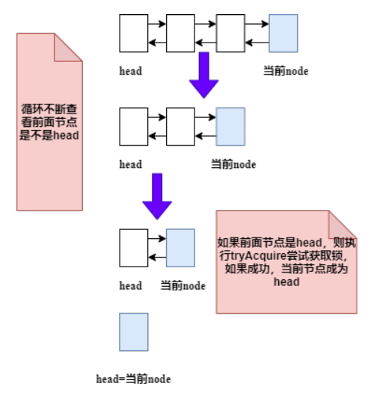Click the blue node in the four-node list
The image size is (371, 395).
(283, 33)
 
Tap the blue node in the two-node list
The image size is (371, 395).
(180, 247)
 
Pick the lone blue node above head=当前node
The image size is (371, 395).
(133, 332)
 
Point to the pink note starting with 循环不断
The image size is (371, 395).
(49, 122)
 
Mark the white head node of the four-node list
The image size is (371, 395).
(134, 33)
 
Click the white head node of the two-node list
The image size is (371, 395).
(134, 247)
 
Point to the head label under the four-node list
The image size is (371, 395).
(131, 71)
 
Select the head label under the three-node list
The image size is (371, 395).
(131, 164)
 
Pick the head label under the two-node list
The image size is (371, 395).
(131, 285)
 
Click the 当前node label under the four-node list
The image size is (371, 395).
(286, 71)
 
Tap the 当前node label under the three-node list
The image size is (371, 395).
(233, 164)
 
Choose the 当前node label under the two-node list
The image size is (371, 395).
(183, 285)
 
